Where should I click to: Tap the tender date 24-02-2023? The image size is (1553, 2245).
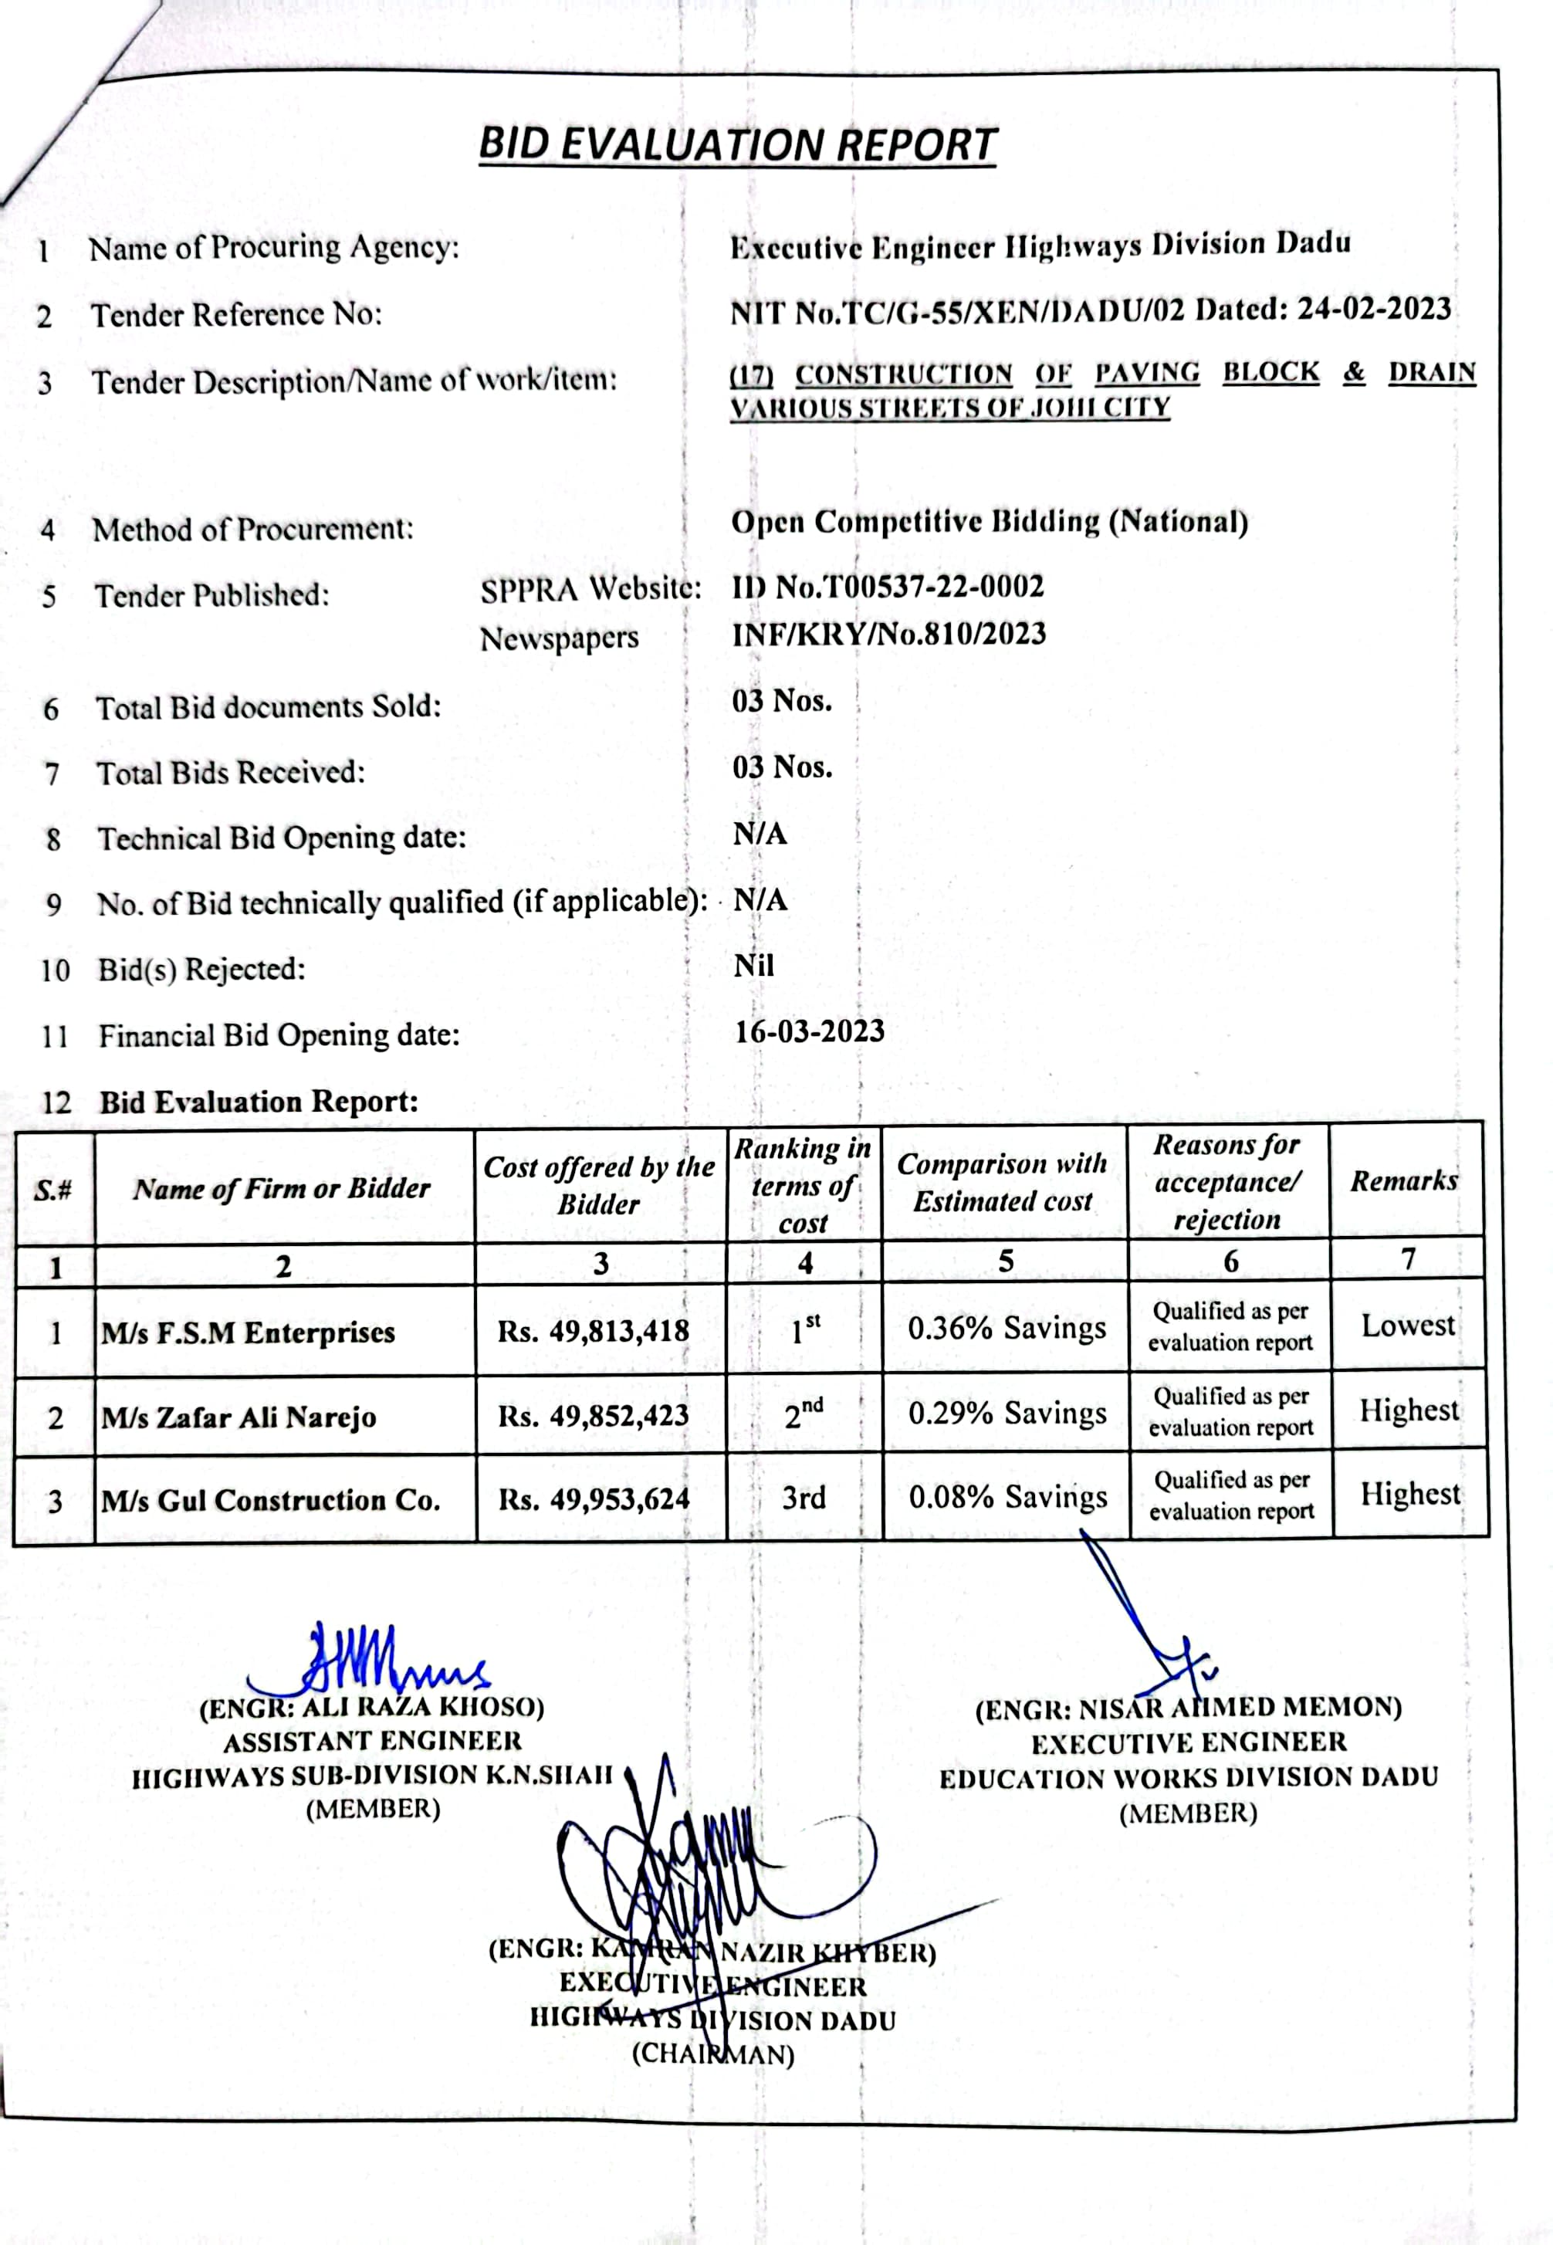pyautogui.click(x=1374, y=309)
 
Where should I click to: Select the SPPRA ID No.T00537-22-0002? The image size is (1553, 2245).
pyautogui.click(x=888, y=587)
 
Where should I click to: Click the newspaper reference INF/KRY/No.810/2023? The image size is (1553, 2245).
pyautogui.click(x=888, y=634)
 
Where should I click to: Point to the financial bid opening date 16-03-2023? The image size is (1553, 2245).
pyautogui.click(x=809, y=1031)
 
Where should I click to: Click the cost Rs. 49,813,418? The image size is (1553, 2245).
pyautogui.click(x=593, y=1330)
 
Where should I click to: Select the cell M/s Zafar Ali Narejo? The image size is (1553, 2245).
pyautogui.click(x=239, y=1417)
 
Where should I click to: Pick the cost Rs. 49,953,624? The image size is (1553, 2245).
pyautogui.click(x=594, y=1499)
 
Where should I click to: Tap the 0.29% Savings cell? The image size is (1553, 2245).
pyautogui.click(x=1007, y=1413)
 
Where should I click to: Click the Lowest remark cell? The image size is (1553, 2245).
pyautogui.click(x=1407, y=1326)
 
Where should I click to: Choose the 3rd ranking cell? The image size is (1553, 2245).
pyautogui.click(x=804, y=1497)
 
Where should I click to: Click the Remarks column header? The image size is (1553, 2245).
pyautogui.click(x=1403, y=1181)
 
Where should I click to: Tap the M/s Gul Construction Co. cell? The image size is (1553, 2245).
pyautogui.click(x=270, y=1501)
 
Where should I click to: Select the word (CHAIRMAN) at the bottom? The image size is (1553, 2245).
pyautogui.click(x=713, y=2054)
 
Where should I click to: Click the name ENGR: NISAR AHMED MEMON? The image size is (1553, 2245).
pyautogui.click(x=1188, y=1708)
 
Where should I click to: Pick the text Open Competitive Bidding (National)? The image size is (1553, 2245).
pyautogui.click(x=989, y=523)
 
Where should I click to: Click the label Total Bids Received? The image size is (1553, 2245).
pyautogui.click(x=231, y=773)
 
